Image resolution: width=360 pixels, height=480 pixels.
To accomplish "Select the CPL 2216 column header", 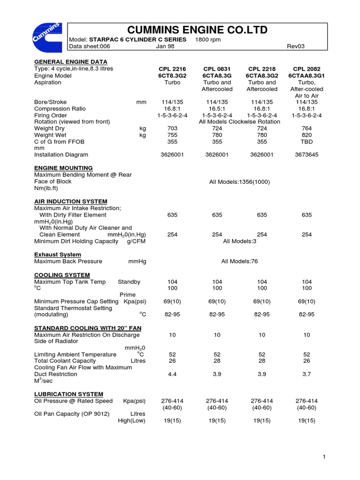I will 172,69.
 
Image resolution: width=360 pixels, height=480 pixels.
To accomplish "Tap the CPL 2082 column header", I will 307,69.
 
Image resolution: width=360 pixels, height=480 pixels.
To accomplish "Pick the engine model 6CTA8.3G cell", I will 217,75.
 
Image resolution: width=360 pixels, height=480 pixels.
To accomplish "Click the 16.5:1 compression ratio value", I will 217,108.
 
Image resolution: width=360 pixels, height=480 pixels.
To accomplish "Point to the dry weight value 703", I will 172,128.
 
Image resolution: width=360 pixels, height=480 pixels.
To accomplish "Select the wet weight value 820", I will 307,135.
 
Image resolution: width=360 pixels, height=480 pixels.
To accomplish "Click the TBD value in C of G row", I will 307,141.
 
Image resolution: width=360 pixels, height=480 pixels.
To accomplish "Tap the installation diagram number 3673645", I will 307,154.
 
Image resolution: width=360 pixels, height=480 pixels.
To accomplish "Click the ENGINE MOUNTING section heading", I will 63,168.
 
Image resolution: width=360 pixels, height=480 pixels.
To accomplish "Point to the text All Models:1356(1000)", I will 239,181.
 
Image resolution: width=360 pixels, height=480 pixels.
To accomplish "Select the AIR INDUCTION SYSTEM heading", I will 71,201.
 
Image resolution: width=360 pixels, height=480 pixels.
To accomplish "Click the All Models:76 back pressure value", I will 240,261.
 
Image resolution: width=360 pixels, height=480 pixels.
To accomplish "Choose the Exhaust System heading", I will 58,255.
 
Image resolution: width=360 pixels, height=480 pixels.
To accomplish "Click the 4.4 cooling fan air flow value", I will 172,374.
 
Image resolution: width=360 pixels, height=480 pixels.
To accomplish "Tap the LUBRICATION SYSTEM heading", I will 68,394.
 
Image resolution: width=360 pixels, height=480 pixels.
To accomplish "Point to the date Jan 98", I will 165,46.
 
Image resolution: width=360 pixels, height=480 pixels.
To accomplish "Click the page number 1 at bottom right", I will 324,457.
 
